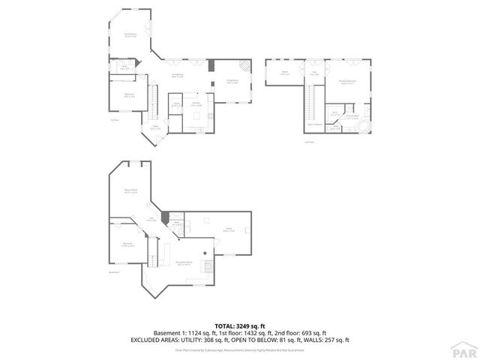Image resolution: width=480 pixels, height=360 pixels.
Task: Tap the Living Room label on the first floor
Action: pyautogui.click(x=232, y=82)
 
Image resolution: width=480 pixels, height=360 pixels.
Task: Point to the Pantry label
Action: pyautogui.click(x=175, y=105)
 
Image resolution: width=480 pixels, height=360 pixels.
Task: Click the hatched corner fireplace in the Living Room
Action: pyautogui.click(x=211, y=65)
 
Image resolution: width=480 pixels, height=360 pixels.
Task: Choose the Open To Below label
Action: pyautogui.click(x=316, y=124)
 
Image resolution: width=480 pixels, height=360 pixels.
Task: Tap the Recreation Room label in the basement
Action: pyautogui.click(x=182, y=263)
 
